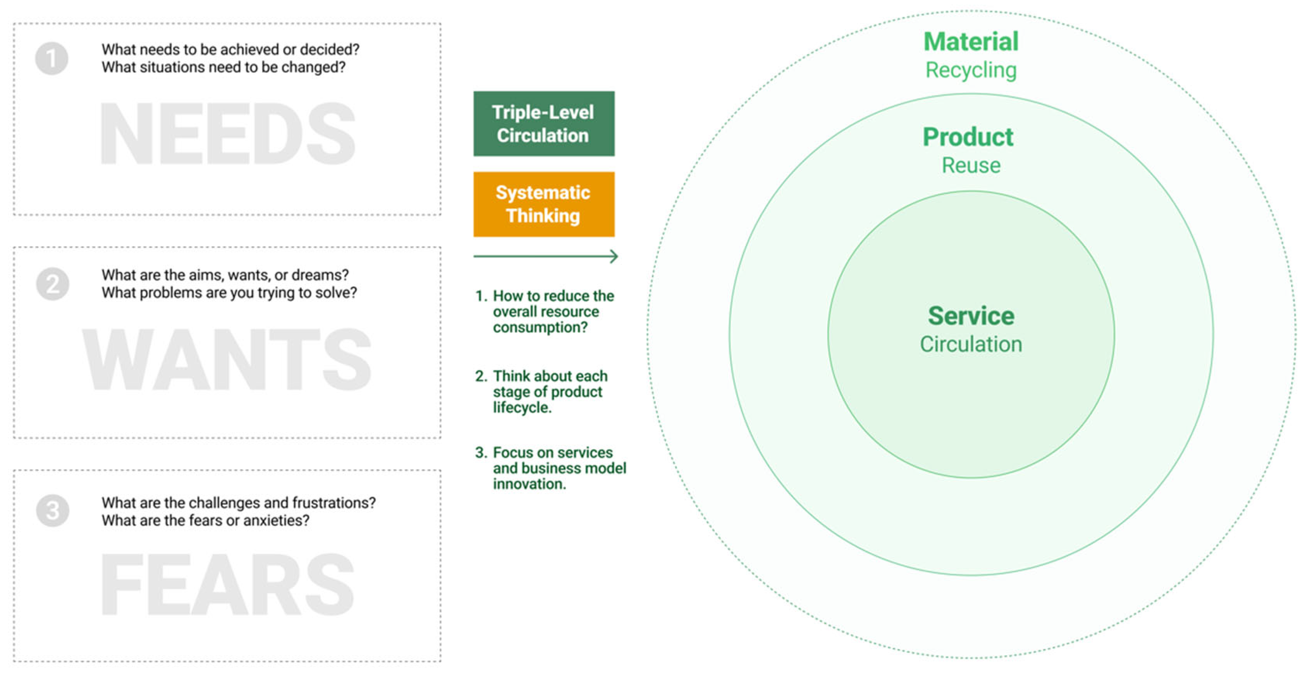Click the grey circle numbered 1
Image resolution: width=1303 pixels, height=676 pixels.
[52, 58]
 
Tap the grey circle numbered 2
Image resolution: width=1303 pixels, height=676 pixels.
[53, 284]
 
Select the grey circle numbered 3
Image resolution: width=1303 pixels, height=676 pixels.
[53, 510]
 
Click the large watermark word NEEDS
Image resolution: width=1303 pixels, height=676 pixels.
[228, 134]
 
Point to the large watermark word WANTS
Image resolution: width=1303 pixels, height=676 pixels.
[227, 360]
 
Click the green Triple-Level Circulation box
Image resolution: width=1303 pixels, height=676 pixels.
[544, 124]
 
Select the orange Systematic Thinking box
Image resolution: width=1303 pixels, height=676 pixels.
[544, 204]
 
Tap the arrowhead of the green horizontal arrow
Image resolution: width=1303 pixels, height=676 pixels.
[614, 256]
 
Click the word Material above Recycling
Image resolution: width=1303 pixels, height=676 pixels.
[971, 42]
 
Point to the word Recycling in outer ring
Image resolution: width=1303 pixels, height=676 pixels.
[971, 70]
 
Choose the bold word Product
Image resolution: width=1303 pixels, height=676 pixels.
[968, 137]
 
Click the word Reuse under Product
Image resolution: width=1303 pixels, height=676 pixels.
[971, 166]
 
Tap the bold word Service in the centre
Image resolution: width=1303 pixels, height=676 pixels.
[971, 316]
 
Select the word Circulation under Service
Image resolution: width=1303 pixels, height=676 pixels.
[971, 344]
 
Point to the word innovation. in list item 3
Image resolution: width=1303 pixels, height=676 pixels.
[529, 484]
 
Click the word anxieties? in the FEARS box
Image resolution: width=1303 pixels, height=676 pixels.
[276, 520]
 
